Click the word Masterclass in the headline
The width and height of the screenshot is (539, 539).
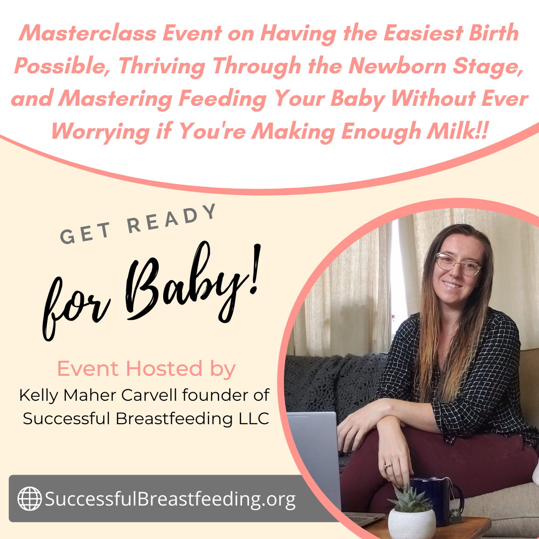(x=88, y=33)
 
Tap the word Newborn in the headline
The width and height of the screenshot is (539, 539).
(x=397, y=65)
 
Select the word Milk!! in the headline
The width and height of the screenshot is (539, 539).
(x=457, y=131)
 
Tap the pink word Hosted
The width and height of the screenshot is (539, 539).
(x=164, y=368)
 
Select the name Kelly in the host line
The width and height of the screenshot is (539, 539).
(x=39, y=396)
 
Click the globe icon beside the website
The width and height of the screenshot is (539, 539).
(x=29, y=499)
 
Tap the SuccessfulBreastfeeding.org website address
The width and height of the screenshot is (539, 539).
(x=170, y=499)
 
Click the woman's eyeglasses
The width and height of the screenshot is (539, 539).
(x=458, y=264)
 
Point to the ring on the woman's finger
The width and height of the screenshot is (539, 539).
(x=388, y=466)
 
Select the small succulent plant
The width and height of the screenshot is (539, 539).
(x=409, y=498)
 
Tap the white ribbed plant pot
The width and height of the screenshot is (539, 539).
(x=412, y=524)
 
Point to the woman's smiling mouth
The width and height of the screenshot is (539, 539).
(x=452, y=284)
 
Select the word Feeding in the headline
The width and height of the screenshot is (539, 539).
(x=223, y=98)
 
